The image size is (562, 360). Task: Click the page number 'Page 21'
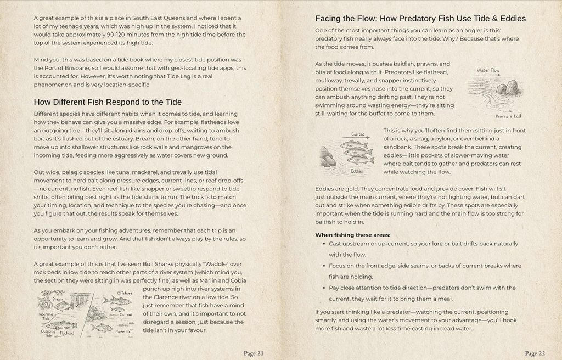(x=253, y=353)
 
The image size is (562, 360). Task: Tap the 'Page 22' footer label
(x=535, y=353)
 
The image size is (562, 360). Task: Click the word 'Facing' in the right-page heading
(x=328, y=19)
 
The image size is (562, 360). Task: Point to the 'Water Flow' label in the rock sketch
(x=488, y=70)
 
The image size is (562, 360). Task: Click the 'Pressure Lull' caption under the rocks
(x=508, y=116)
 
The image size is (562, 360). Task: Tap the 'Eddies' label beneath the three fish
(x=357, y=171)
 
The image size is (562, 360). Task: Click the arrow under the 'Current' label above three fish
(x=357, y=137)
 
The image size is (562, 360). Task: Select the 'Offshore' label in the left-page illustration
(x=125, y=293)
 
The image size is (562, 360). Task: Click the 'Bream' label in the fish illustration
(x=58, y=299)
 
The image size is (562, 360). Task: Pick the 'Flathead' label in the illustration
(x=66, y=333)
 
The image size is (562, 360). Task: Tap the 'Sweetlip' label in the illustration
(x=122, y=331)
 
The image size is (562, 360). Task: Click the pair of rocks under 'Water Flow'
(x=507, y=88)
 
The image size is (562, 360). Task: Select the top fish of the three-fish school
(x=353, y=145)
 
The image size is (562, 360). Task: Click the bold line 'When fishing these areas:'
(x=352, y=235)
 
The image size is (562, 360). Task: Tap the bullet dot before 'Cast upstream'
(x=324, y=244)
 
